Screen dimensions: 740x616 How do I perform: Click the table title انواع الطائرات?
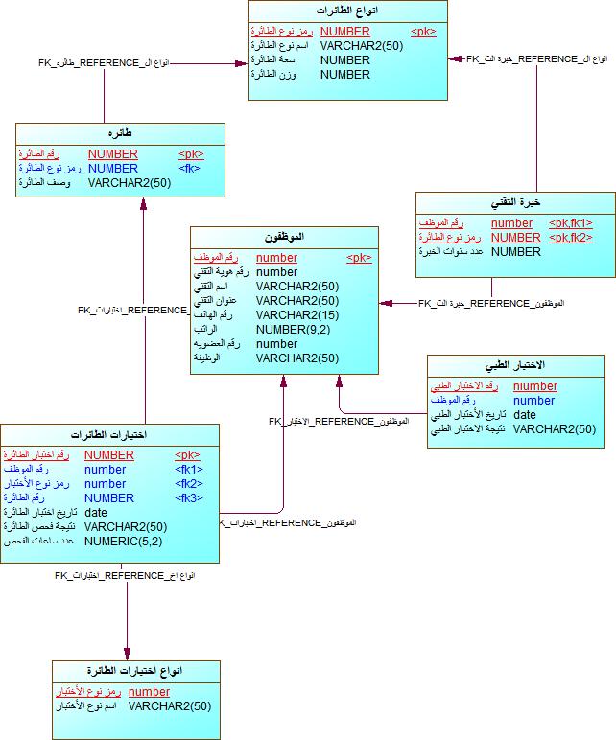[346, 11]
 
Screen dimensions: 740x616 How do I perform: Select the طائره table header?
[121, 134]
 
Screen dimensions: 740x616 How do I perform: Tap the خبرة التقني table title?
[515, 203]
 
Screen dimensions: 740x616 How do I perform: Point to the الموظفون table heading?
[284, 237]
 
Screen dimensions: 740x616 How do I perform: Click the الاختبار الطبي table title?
[516, 366]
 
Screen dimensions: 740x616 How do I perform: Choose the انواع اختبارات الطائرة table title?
[134, 671]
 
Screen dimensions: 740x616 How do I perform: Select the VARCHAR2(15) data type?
[297, 314]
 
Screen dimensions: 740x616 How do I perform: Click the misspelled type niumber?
[534, 386]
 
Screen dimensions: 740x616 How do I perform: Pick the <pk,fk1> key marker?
[570, 223]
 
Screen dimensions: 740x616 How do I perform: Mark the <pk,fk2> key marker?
[570, 238]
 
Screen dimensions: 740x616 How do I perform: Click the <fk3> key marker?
[188, 498]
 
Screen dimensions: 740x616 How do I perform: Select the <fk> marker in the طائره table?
[190, 169]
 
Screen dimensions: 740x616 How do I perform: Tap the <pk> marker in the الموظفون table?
[359, 258]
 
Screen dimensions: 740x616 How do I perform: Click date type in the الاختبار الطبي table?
[525, 415]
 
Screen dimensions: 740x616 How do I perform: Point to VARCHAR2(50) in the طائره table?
[129, 183]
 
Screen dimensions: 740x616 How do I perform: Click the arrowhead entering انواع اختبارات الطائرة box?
[128, 654]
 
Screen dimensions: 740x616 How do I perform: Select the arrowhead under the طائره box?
[143, 204]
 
